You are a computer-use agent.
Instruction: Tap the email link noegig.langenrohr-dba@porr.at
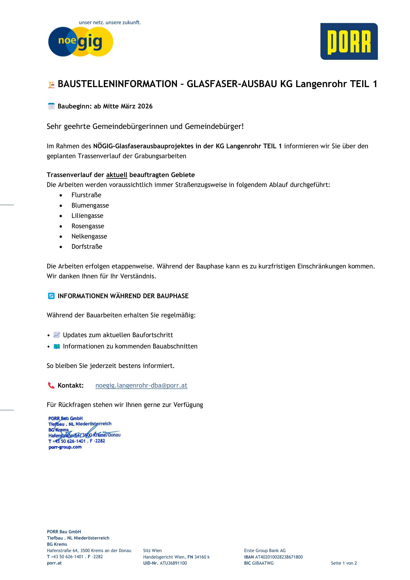(x=141, y=385)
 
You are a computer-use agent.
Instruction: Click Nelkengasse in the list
(x=89, y=236)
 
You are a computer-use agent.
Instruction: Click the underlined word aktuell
(x=117, y=175)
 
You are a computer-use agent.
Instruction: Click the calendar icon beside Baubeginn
(x=51, y=106)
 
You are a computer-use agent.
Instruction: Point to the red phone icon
(x=51, y=385)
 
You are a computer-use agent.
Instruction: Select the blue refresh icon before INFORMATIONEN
(x=51, y=296)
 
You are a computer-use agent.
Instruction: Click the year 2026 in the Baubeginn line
(x=145, y=106)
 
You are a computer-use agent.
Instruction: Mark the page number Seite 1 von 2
(x=344, y=563)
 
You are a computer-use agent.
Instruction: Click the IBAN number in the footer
(x=279, y=557)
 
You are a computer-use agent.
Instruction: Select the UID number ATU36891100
(x=173, y=563)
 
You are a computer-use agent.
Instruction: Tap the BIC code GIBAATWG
(x=263, y=563)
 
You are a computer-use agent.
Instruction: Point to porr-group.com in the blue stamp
(x=65, y=447)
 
